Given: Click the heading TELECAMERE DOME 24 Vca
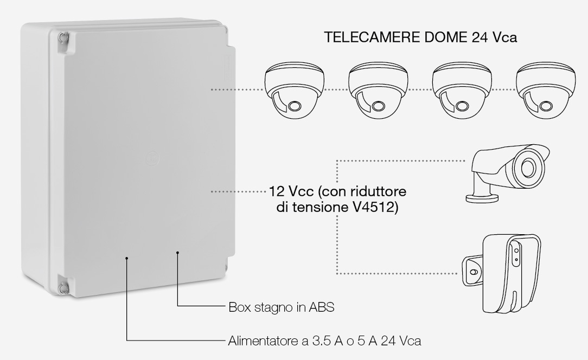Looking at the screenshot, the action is (x=420, y=37).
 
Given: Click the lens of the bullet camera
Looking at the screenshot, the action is (x=528, y=167).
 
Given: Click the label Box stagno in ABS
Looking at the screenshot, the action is (x=281, y=307).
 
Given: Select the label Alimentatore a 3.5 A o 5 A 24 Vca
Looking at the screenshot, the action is (x=324, y=341).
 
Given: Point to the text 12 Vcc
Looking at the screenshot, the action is (x=291, y=191).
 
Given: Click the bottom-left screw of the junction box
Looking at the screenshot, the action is (x=62, y=288).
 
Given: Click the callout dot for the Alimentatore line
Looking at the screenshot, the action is (x=127, y=258).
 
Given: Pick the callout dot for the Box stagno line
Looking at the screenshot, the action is (x=177, y=253).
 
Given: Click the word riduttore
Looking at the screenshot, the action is (x=378, y=191).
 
